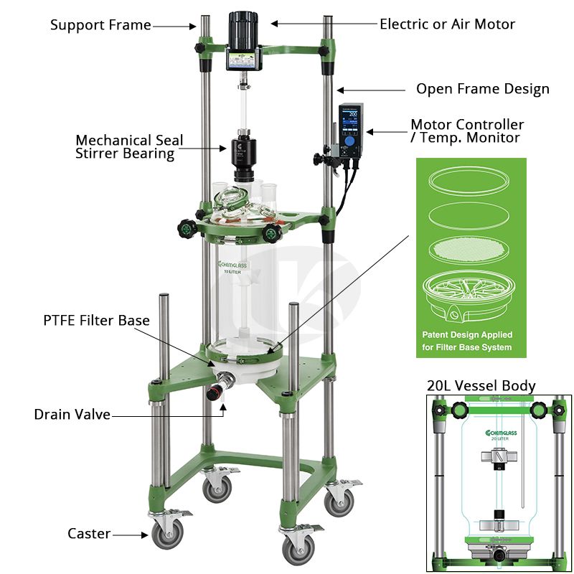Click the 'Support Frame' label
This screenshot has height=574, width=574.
click(100, 25)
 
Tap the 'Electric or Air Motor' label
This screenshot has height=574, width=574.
click(447, 24)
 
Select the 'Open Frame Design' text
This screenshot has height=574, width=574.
click(483, 89)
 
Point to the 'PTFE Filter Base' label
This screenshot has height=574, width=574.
click(97, 320)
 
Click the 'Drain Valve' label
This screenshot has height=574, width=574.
click(72, 415)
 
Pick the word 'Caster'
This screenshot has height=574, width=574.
click(89, 533)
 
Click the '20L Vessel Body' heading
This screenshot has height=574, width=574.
click(481, 386)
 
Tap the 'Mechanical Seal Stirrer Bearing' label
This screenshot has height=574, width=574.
click(129, 147)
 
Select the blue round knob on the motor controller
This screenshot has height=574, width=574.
click(350, 140)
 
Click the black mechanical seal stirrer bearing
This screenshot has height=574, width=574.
click(244, 159)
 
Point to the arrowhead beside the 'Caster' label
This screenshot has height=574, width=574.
click(145, 535)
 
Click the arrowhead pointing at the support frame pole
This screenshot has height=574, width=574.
click(192, 26)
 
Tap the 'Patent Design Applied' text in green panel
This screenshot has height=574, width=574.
click(467, 334)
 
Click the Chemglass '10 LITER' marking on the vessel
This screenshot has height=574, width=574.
click(232, 268)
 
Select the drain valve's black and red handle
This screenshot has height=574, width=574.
click(215, 392)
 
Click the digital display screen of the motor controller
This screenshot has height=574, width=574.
click(350, 120)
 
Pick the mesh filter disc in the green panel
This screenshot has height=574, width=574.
click(469, 249)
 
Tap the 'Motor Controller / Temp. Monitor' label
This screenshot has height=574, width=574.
click(467, 131)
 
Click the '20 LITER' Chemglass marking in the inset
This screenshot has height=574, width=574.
click(501, 436)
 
